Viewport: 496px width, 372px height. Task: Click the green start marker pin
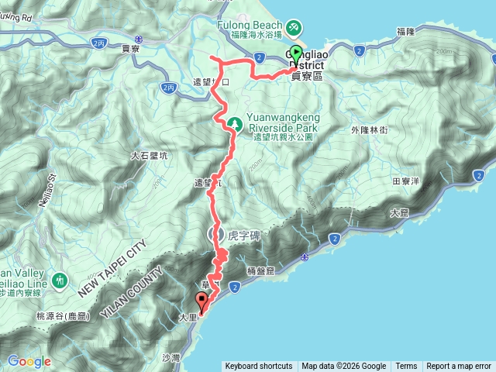(298, 55)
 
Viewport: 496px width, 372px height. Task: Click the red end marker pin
(202, 301)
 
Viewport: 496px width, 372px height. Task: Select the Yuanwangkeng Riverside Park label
(283, 122)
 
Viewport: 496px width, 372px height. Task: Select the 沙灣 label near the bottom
(171, 357)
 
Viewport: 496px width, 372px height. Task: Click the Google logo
(29, 361)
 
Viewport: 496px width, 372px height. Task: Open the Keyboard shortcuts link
(259, 367)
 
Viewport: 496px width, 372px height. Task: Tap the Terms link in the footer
(406, 367)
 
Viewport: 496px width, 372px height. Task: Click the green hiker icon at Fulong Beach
(294, 28)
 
